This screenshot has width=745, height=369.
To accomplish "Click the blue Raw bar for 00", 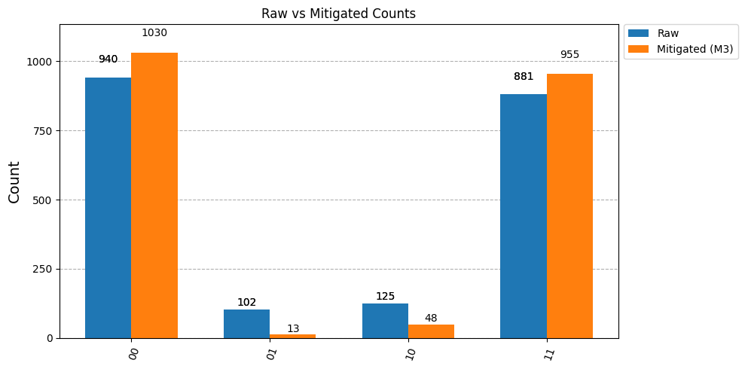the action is [x=108, y=208].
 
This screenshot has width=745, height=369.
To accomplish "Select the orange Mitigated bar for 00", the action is [x=154, y=196].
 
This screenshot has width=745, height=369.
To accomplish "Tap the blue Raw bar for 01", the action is [x=246, y=324].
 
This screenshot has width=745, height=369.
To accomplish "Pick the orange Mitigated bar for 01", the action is [x=293, y=336].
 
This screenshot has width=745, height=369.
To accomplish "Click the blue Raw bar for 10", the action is [x=386, y=321].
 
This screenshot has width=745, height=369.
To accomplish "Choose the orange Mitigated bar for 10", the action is [x=432, y=331].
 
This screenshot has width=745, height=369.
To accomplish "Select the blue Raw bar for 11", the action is [x=524, y=217].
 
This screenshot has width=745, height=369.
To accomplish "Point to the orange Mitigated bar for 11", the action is [x=569, y=206].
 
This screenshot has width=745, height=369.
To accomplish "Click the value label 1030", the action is [x=154, y=33].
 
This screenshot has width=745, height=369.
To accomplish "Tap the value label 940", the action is [x=108, y=59].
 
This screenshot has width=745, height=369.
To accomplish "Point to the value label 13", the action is [x=293, y=328].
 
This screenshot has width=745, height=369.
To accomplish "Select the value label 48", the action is [x=432, y=319].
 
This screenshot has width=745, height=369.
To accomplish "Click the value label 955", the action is [x=569, y=55].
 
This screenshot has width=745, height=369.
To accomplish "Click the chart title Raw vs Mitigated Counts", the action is [x=339, y=14].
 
